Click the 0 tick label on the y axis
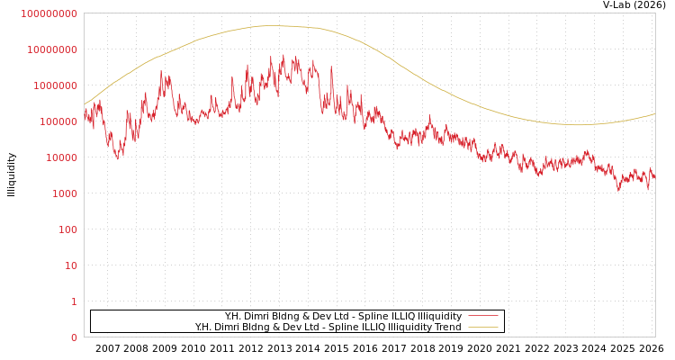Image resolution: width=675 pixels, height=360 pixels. point(74,337)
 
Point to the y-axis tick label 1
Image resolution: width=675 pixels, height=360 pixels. point(74,301)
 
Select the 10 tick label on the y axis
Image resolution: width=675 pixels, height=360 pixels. point(70,265)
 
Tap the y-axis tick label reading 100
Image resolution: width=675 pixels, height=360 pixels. point(67,229)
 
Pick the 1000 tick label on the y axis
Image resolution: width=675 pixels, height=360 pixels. point(65,193)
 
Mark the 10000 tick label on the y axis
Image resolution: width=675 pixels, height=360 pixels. point(61,157)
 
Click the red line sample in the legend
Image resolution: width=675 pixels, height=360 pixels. point(483,317)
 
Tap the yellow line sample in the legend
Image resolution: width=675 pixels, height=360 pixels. point(483,328)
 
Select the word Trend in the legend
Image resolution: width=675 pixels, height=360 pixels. point(446,328)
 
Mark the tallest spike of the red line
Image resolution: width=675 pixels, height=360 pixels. point(283,55)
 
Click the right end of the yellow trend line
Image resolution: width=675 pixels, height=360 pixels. point(654,114)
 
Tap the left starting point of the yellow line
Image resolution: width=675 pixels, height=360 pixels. point(85,104)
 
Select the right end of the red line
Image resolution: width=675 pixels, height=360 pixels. point(654,177)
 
